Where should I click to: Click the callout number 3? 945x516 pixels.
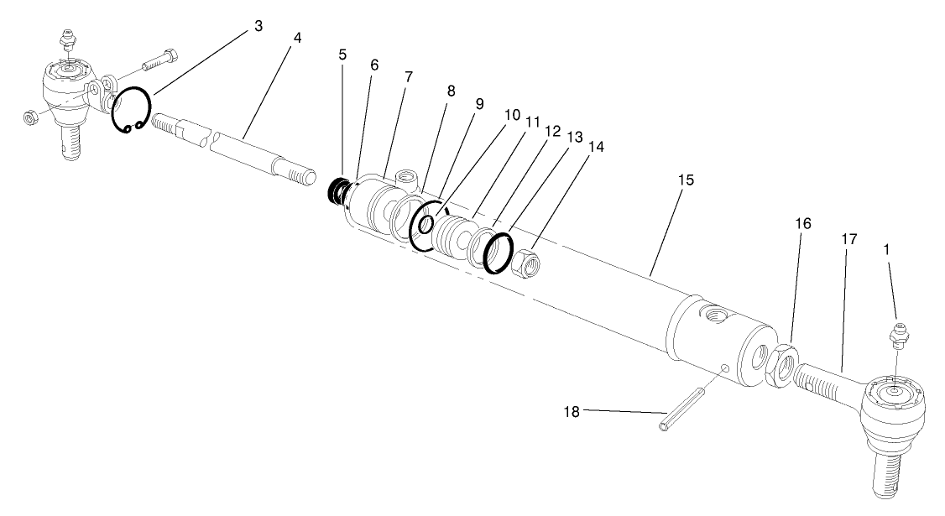point(258,27)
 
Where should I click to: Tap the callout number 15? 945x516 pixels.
point(687,180)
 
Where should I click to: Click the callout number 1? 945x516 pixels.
point(889,249)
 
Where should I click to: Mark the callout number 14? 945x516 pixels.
point(596,145)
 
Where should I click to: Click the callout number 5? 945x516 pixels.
point(342,55)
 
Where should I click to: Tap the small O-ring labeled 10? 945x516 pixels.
point(426,225)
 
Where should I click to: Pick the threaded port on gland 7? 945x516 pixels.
point(407,178)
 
